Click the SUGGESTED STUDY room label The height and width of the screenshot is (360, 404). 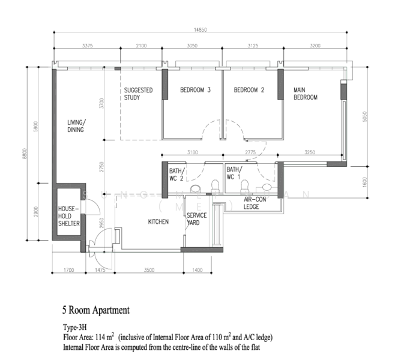point(138,94)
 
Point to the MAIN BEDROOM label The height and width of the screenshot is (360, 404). point(305,94)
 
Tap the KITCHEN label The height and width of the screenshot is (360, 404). point(158,222)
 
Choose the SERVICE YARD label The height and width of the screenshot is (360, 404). point(196,219)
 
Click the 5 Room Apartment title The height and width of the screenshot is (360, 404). point(95,311)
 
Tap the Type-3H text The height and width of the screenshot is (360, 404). point(77,329)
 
